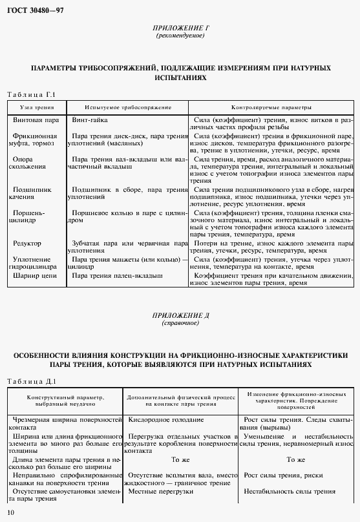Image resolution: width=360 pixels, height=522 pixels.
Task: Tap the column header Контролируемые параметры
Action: [271, 107]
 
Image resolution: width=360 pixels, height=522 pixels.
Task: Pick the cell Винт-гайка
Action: [89, 120]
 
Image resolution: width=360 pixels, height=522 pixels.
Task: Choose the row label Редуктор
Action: [27, 243]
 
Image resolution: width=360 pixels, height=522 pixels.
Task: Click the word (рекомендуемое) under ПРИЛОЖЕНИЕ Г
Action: [180, 36]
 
